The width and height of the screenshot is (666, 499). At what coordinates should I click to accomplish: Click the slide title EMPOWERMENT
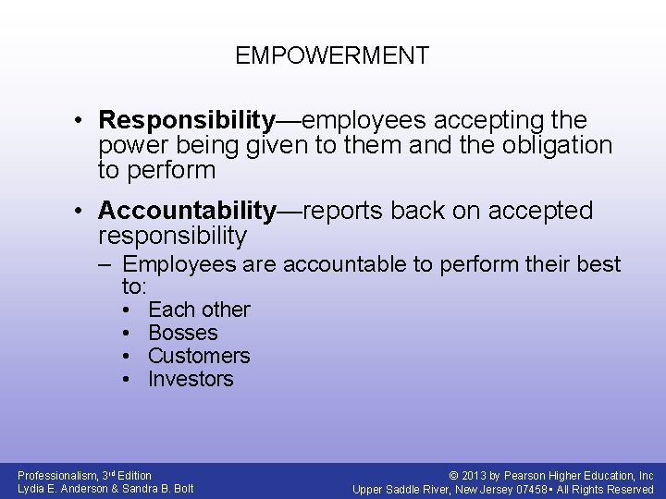coord(332,55)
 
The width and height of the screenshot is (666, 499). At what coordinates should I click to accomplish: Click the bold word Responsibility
coord(188,121)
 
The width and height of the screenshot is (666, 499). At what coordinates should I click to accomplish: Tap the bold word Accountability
coord(188,212)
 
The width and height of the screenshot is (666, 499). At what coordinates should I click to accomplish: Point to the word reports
coord(343,212)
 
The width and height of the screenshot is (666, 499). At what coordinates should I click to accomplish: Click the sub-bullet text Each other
coord(199,310)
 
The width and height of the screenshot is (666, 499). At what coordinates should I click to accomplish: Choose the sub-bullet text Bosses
coord(183,333)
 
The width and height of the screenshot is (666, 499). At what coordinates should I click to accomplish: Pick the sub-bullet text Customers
coord(199,356)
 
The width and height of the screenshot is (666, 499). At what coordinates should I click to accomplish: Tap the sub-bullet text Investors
coord(191,379)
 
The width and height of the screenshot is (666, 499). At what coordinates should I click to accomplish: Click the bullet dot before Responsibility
coord(82,121)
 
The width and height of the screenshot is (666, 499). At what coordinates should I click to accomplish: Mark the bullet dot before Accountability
coord(82,212)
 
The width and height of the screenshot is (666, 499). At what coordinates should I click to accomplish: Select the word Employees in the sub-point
coord(179,265)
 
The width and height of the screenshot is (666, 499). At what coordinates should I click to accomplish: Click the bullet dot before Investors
coord(126,379)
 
